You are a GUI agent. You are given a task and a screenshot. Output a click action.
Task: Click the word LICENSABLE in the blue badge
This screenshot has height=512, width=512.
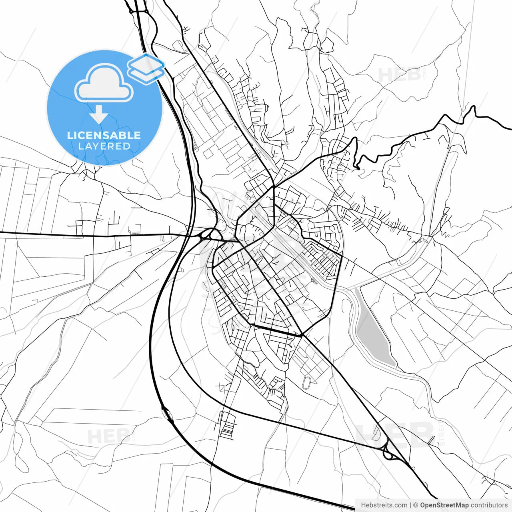pos(104,135)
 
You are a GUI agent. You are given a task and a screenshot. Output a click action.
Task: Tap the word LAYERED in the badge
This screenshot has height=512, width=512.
pos(104,146)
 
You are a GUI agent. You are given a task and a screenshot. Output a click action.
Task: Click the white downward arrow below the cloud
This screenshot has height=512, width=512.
pos(98,115)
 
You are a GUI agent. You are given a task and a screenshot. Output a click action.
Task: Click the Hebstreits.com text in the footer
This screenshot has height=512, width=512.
pos(384,505)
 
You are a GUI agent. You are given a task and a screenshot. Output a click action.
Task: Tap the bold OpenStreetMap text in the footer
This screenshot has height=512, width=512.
pos(444,505)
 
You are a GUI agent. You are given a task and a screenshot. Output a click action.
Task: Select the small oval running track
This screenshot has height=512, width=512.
pos(307,382)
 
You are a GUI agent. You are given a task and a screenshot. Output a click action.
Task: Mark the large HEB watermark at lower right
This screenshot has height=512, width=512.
pos(396,434)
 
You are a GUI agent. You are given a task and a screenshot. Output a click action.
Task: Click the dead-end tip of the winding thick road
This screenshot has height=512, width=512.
pos(359,169)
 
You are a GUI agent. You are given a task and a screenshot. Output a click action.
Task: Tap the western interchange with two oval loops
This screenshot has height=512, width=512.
pos(208,234)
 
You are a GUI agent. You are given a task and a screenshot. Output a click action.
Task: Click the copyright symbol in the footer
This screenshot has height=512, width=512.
pos(416,505)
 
